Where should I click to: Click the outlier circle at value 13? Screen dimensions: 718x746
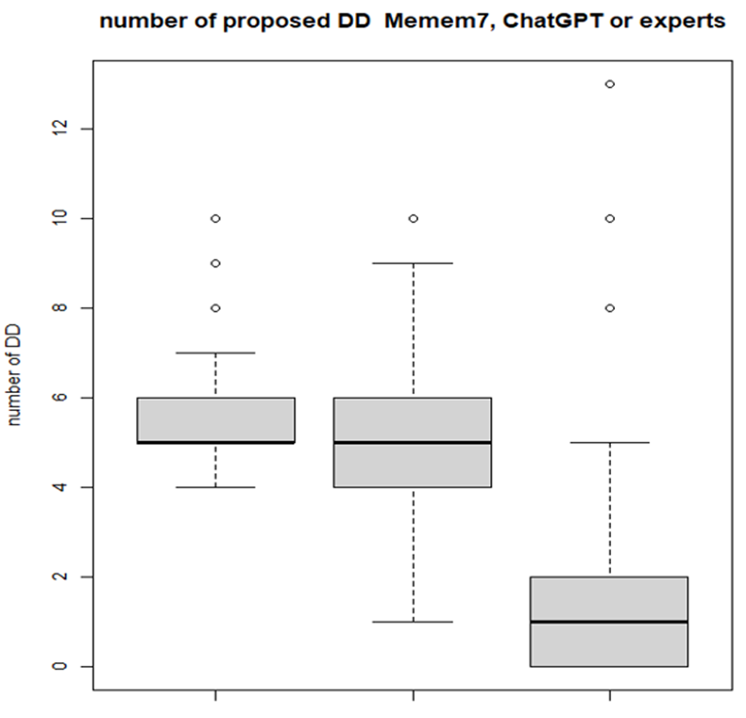[609, 84]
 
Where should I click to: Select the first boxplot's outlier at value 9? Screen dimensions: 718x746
[216, 264]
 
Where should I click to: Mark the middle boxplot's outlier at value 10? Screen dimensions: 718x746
[413, 218]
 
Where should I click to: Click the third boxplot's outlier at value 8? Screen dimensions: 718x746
[609, 308]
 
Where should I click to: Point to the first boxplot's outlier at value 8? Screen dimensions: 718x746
[216, 308]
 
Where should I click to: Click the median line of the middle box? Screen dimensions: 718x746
[413, 442]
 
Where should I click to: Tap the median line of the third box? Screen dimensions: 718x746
[609, 622]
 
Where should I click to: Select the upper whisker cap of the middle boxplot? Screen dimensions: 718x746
[413, 263]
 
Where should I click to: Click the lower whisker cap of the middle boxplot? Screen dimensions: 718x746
[413, 622]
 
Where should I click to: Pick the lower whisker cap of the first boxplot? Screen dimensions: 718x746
[216, 487]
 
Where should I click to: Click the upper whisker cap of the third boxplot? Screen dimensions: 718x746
[609, 442]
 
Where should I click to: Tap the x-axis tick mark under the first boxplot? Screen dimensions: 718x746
[216, 695]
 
